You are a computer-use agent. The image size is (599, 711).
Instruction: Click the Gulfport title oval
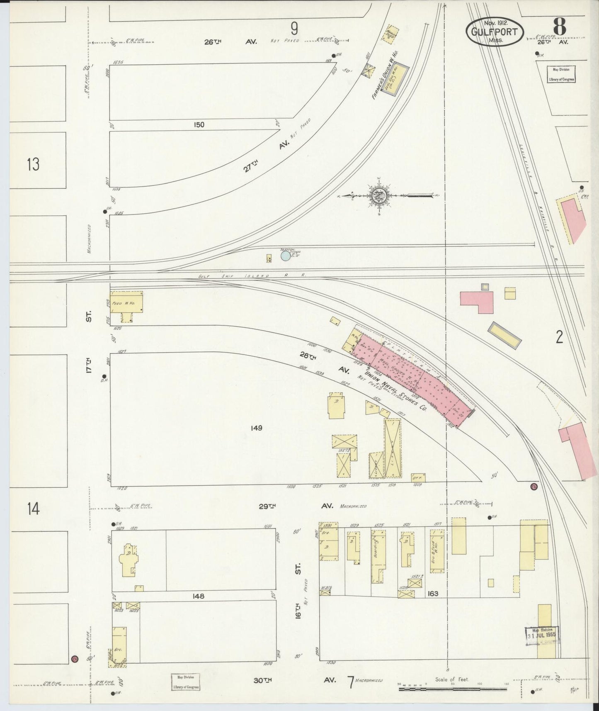495,31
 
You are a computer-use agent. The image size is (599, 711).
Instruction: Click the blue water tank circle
285,256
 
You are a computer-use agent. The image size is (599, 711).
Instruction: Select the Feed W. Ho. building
126,302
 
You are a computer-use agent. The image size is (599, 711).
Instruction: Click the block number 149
257,428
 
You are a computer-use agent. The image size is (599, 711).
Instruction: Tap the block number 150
199,124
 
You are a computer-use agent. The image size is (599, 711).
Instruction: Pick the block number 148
198,596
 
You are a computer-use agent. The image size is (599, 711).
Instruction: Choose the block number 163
433,594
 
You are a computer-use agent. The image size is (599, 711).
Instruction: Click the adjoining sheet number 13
33,164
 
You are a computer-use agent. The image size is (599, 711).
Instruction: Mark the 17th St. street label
88,341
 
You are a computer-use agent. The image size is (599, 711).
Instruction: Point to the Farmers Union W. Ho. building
395,80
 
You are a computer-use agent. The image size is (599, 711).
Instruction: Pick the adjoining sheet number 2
559,338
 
